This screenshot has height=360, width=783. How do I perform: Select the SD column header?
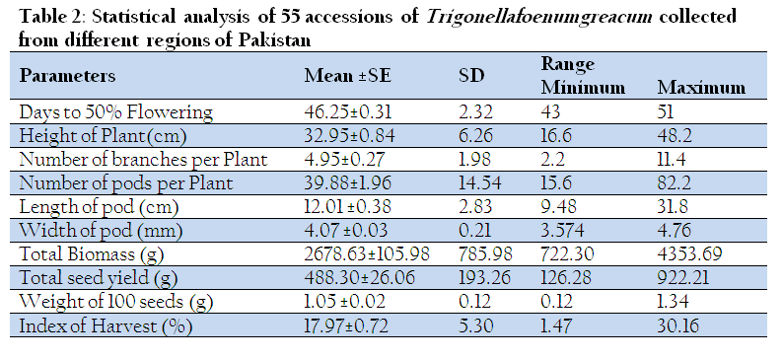pyautogui.click(x=471, y=75)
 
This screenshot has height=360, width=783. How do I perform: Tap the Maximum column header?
pyautogui.click(x=701, y=88)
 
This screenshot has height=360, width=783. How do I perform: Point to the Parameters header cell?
pyautogui.click(x=67, y=76)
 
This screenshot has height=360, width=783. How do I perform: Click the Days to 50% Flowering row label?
pyautogui.click(x=115, y=111)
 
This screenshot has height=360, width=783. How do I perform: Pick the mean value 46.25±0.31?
pyautogui.click(x=348, y=111)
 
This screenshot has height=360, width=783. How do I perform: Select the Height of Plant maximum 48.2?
pyautogui.click(x=675, y=136)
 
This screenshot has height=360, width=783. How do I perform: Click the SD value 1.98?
pyautogui.click(x=475, y=159)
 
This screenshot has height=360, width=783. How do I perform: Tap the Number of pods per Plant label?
pyautogui.click(x=126, y=183)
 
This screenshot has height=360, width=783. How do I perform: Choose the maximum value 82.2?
pyautogui.click(x=675, y=183)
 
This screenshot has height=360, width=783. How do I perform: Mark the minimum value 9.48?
pyautogui.click(x=559, y=207)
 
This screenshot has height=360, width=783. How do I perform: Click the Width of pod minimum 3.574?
pyautogui.click(x=564, y=231)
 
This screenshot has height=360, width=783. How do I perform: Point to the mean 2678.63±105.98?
pyautogui.click(x=367, y=254)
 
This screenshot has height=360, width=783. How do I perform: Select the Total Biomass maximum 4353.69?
pyautogui.click(x=689, y=254)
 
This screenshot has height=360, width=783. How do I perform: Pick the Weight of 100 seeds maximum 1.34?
pyautogui.click(x=673, y=302)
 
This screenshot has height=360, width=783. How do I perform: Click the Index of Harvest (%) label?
pyautogui.click(x=106, y=326)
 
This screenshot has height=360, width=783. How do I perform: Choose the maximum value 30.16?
pyautogui.click(x=678, y=325)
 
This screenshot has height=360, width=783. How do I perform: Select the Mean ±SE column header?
pyautogui.click(x=348, y=75)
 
